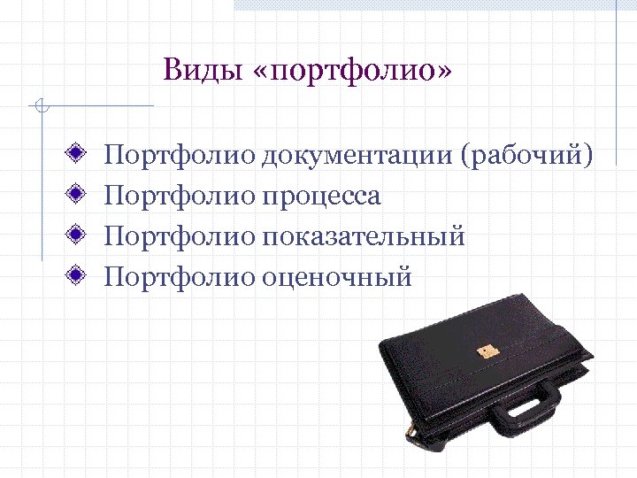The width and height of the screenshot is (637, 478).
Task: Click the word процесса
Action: pyautogui.click(x=320, y=197)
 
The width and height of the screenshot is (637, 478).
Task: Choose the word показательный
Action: pyautogui.click(x=363, y=236)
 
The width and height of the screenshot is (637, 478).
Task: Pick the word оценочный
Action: pyautogui.click(x=336, y=277)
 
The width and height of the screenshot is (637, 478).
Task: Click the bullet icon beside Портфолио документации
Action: pyautogui.click(x=79, y=155)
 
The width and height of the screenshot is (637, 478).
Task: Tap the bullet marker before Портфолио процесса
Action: pyautogui.click(x=79, y=195)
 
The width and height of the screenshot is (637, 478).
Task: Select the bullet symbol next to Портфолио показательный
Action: pyautogui.click(x=79, y=235)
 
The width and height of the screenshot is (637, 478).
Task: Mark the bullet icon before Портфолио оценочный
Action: pyautogui.click(x=79, y=275)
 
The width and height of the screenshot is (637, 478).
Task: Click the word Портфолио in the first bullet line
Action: pyautogui.click(x=180, y=157)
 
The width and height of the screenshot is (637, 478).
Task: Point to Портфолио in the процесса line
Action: pyautogui.click(x=180, y=197)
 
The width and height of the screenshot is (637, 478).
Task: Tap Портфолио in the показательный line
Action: pyautogui.click(x=180, y=236)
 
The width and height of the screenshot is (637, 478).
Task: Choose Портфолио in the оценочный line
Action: pyautogui.click(x=180, y=277)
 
